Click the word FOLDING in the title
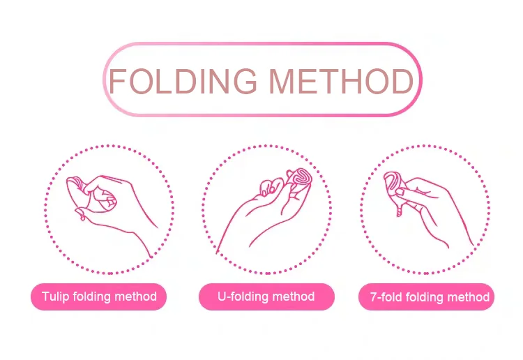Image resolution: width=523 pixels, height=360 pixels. tap(183, 81)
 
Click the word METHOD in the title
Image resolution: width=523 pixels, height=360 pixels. tap(341, 81)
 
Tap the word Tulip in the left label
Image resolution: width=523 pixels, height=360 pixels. tap(55, 297)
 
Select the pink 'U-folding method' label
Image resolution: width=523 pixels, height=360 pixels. tap(266, 297)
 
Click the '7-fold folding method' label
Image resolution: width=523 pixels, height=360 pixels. tap(426, 297)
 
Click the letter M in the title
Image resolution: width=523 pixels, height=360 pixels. tap(281, 81)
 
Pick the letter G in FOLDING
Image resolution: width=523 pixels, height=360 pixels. tap(245, 81)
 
